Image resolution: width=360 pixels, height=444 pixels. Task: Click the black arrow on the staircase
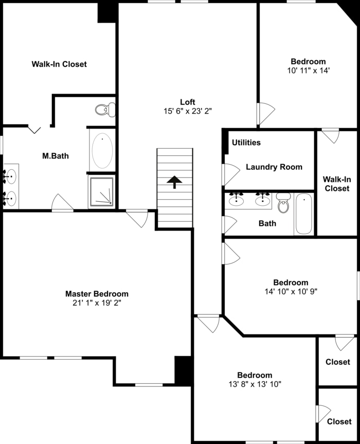(174, 182)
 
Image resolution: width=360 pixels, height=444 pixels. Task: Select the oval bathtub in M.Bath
(102, 151)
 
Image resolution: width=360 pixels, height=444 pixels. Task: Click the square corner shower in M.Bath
(102, 191)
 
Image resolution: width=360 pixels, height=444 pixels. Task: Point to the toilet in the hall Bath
(283, 204)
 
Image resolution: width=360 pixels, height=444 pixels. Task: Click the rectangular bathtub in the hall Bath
(303, 214)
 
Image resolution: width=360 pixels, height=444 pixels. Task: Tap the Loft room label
(187, 102)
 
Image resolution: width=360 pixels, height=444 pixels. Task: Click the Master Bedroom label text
(97, 294)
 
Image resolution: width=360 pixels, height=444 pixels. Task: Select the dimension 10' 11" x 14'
(308, 70)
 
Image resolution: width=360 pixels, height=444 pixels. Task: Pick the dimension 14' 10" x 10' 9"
(291, 291)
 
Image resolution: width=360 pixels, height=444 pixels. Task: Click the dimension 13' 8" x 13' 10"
(255, 384)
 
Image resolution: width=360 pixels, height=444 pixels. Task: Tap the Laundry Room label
(274, 167)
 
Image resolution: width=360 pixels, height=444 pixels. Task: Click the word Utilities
(246, 143)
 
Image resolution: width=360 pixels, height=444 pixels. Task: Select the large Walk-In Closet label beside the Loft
(59, 64)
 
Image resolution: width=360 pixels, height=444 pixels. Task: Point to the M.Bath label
(56, 156)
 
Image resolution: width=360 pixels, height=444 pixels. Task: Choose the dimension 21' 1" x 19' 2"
(97, 303)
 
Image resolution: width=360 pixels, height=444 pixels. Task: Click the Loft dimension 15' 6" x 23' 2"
(187, 111)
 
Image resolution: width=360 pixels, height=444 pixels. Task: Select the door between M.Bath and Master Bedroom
(62, 203)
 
